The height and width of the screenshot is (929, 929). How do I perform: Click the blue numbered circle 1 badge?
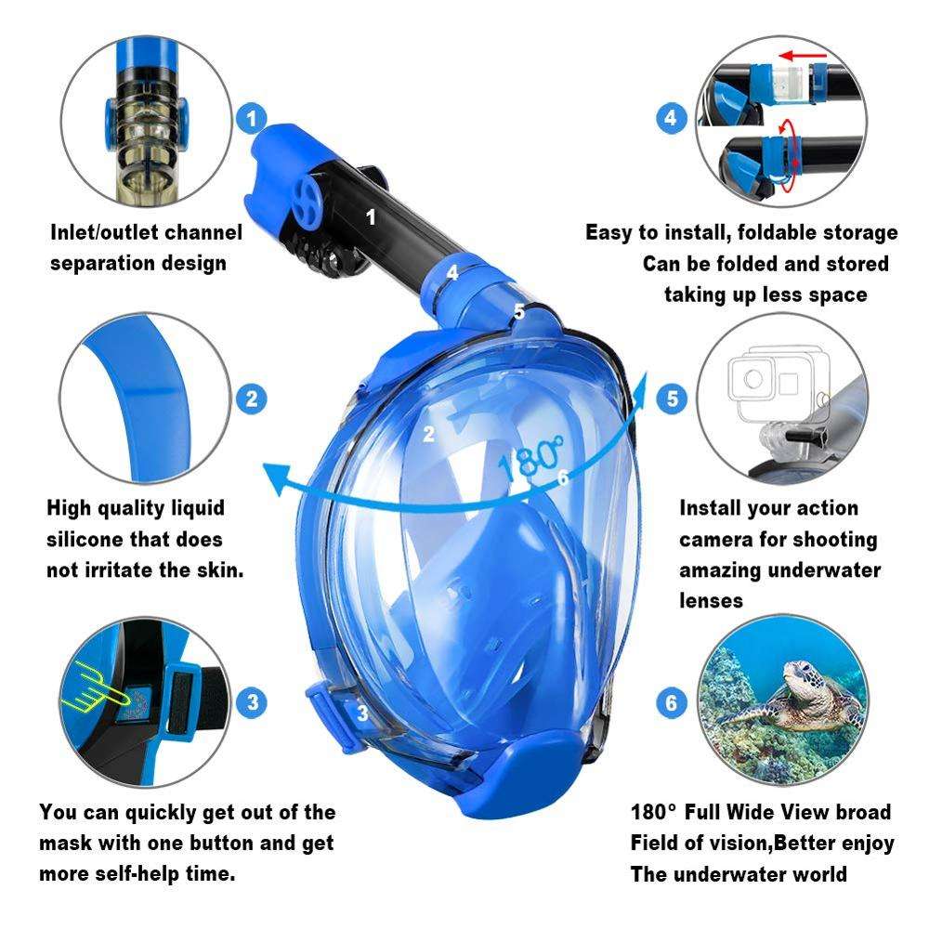click(252, 118)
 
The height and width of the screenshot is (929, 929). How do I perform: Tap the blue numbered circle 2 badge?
click(252, 399)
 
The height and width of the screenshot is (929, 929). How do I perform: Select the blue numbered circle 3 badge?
click(253, 702)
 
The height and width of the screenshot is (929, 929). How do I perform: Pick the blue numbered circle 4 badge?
click(671, 118)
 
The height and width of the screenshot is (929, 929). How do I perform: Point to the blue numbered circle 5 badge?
click(672, 399)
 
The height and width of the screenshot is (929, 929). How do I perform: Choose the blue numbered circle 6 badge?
click(672, 703)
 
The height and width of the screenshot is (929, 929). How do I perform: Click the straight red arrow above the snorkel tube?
click(803, 57)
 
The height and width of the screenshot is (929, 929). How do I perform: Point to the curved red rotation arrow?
click(787, 155)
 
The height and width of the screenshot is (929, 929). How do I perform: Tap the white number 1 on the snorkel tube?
click(371, 217)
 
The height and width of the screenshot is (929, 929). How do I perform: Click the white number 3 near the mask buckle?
click(362, 713)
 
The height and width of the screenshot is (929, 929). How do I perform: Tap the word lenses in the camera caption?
click(711, 601)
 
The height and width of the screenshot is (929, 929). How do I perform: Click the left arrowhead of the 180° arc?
click(277, 478)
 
